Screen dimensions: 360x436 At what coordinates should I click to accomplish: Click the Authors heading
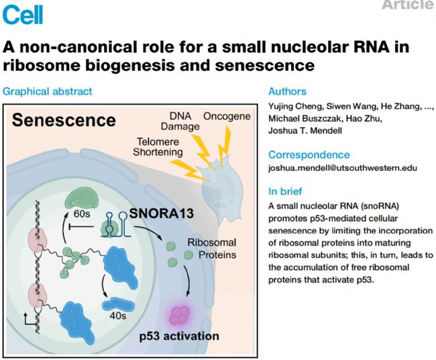click(287, 91)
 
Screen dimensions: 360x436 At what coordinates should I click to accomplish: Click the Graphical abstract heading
click(48, 91)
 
